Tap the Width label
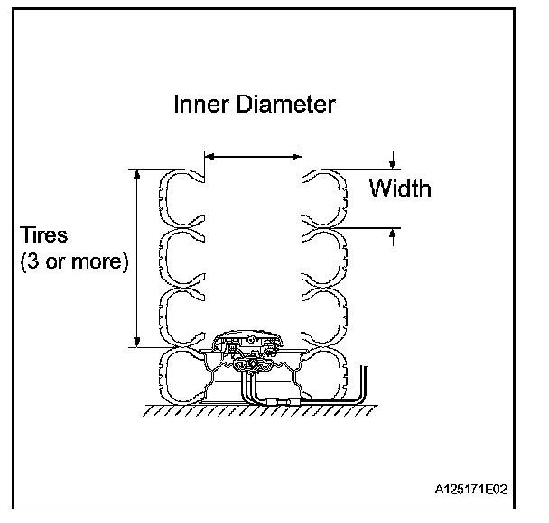pos(400,189)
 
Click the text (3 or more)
pos(74,263)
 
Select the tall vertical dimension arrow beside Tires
pos(137,258)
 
